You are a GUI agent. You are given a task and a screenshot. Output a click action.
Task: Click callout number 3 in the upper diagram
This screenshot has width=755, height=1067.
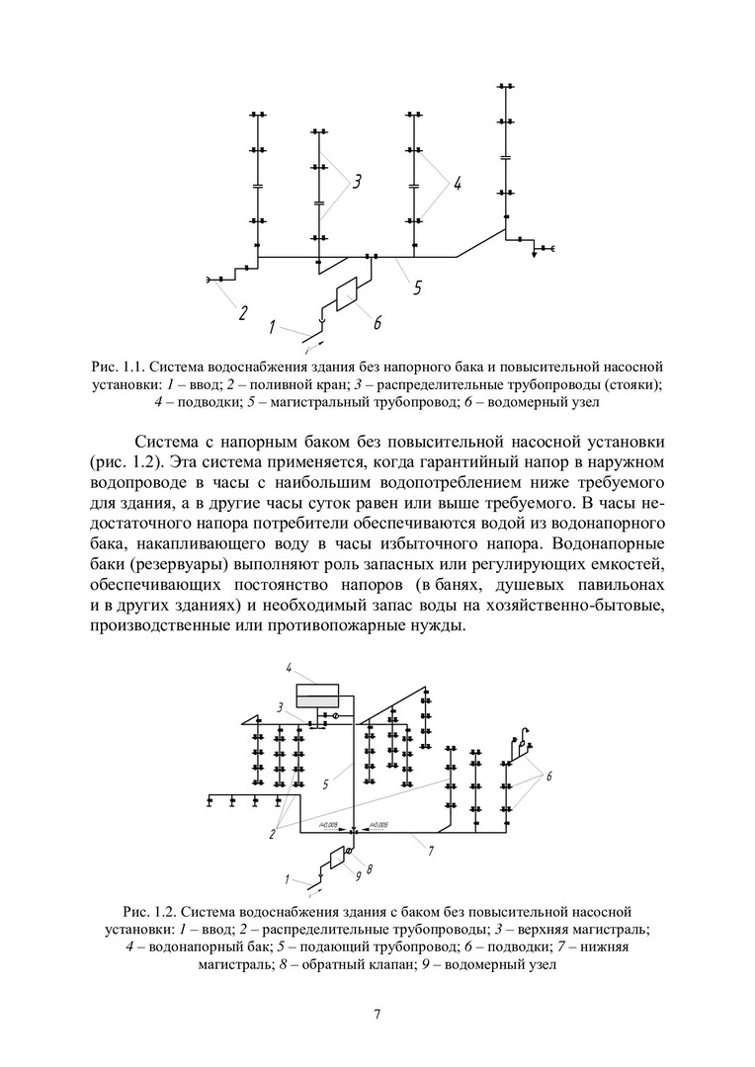[x=357, y=181]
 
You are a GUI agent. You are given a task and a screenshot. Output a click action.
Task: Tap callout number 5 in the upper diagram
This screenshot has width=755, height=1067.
[x=418, y=287]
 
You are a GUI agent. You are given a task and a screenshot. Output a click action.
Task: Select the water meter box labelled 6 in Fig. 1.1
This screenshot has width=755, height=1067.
[x=347, y=293]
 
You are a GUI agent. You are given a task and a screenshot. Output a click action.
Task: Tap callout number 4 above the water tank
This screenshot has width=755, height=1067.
[x=290, y=668]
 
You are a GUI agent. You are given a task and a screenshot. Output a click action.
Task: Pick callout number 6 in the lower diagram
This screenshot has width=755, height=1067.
[x=548, y=776]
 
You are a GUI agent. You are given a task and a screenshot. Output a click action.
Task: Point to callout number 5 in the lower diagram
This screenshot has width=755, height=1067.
[x=325, y=785]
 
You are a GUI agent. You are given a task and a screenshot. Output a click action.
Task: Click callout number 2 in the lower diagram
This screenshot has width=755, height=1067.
[x=271, y=835]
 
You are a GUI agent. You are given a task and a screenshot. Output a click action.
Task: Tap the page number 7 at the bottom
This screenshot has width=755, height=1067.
[x=377, y=1014]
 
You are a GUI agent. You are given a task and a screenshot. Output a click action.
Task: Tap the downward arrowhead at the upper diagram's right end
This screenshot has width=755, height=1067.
[x=535, y=254]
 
